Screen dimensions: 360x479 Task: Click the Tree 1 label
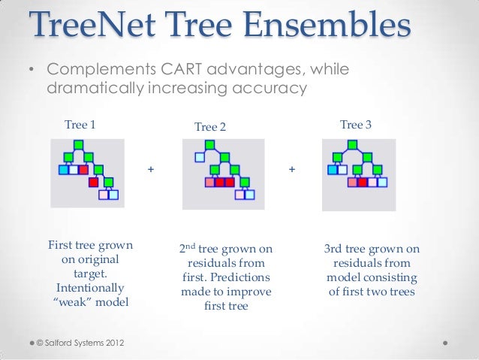80,125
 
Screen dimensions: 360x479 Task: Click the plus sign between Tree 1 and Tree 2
150,169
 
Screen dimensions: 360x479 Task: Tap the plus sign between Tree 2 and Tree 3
291,169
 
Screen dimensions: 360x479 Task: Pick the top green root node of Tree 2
210,144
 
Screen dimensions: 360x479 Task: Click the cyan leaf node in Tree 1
63,170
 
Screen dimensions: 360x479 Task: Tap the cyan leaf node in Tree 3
333,170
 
